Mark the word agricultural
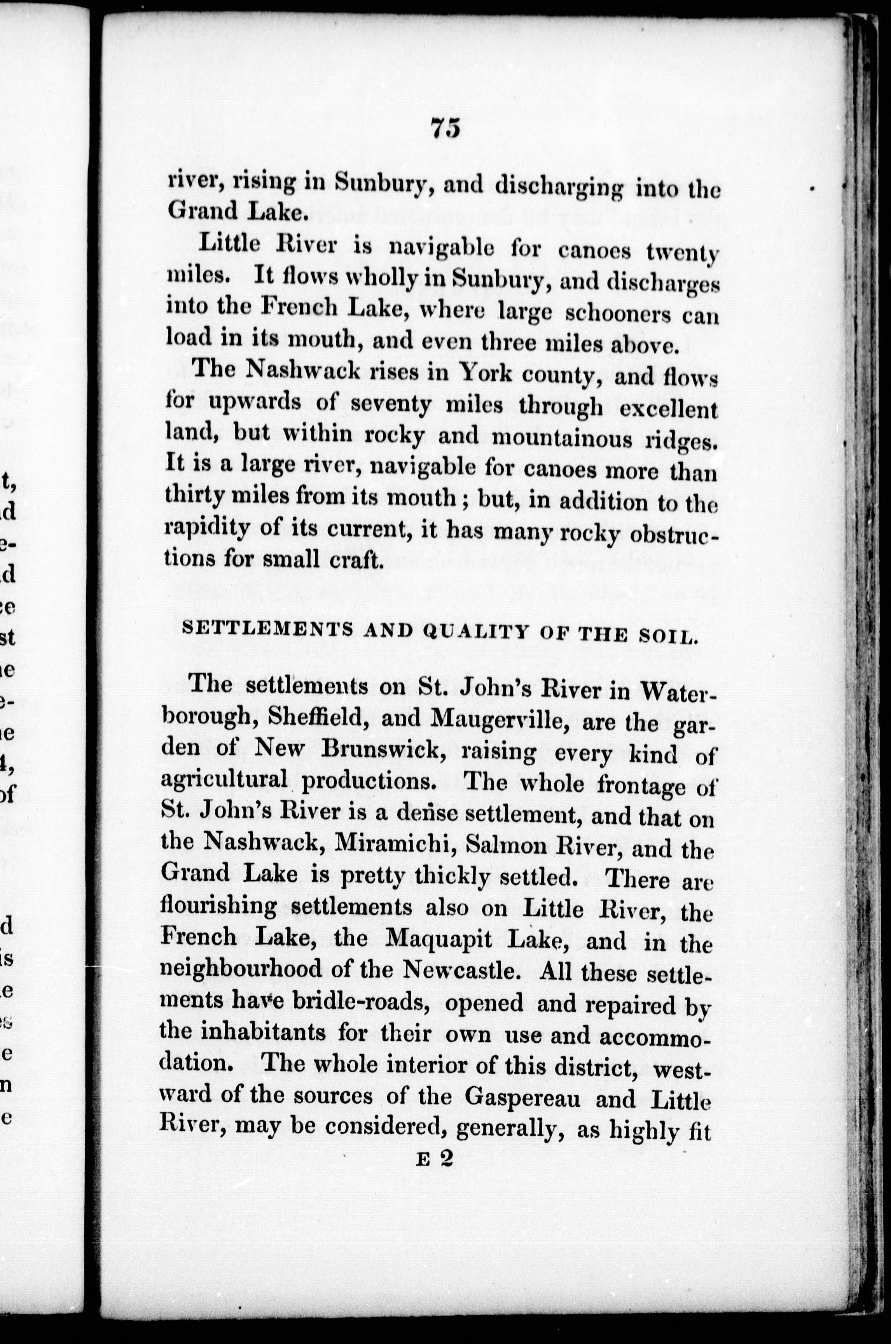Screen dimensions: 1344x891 coord(224,781)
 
